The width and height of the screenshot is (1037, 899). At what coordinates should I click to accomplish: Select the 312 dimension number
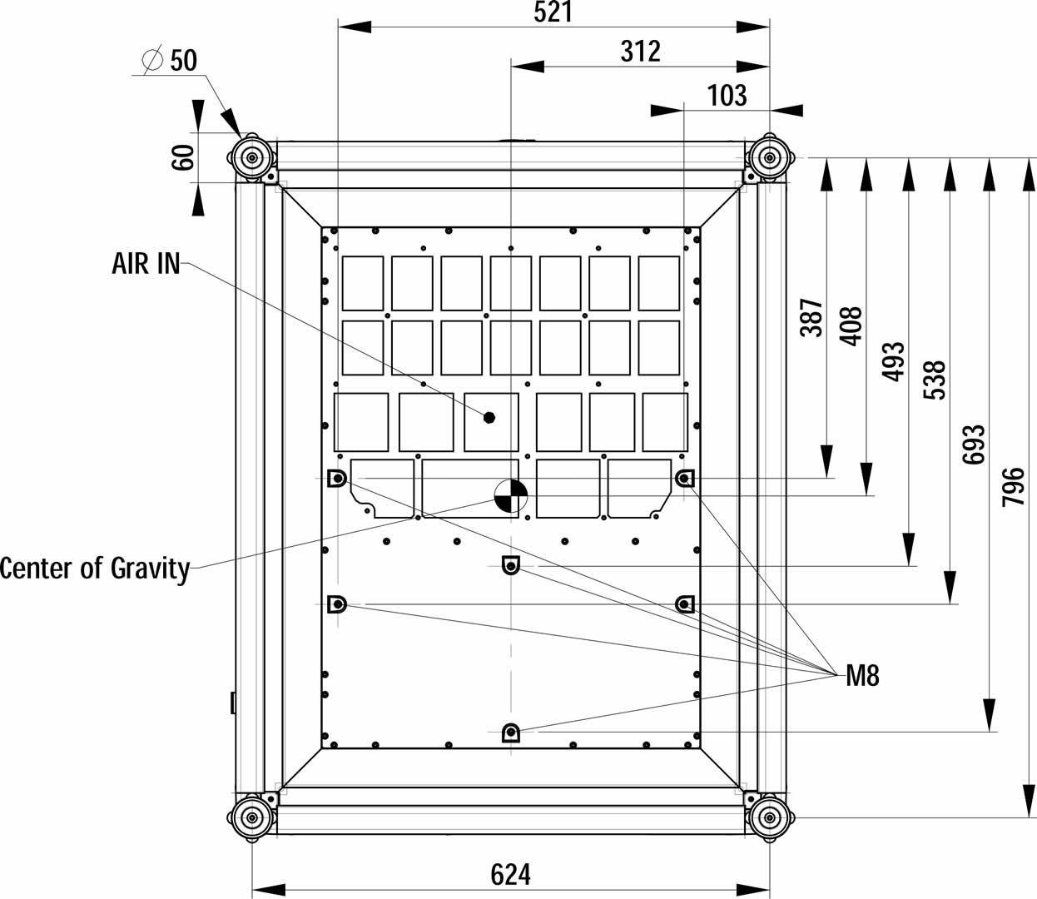click(640, 52)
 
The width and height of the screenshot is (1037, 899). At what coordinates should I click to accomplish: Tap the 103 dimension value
click(727, 96)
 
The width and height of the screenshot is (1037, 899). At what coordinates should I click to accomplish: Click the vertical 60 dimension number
click(183, 156)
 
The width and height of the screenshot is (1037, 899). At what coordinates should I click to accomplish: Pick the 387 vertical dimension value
click(811, 317)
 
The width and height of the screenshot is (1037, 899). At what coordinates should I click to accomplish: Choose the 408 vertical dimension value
click(851, 326)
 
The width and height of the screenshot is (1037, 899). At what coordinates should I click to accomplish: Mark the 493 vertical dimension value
click(893, 361)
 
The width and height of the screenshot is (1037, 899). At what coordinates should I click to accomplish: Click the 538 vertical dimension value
click(935, 380)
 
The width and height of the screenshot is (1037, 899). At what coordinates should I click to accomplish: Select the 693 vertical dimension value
click(974, 445)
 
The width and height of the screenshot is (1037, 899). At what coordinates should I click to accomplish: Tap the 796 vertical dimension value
click(1013, 487)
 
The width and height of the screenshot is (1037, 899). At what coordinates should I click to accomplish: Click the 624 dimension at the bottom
click(510, 875)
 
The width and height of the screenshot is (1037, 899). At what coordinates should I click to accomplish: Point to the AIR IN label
click(146, 264)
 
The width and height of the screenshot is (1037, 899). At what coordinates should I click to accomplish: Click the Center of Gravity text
click(95, 569)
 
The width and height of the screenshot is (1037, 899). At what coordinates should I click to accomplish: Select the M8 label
click(862, 676)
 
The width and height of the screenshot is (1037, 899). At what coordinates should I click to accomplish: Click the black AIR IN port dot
click(490, 417)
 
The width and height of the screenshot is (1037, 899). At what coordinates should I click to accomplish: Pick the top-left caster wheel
click(251, 156)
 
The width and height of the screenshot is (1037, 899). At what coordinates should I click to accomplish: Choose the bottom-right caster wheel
click(768, 817)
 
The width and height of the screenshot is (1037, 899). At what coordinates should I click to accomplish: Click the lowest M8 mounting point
click(510, 733)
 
